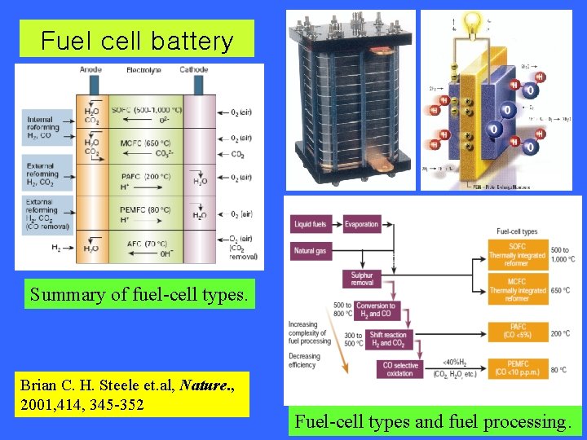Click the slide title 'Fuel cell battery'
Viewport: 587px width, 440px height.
pos(137,40)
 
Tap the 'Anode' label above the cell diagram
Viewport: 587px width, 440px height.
pos(91,70)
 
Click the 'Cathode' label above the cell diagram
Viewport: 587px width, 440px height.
pos(193,70)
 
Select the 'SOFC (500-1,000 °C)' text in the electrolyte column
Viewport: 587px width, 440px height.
pos(148,110)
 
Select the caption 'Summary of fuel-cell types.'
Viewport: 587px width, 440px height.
pos(137,293)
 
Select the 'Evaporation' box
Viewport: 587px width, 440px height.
pos(361,224)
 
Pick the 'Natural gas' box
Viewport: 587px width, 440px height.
pos(311,251)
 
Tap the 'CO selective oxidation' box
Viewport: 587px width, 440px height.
pos(399,370)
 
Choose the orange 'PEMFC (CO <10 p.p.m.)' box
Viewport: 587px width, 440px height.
pos(518,368)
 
